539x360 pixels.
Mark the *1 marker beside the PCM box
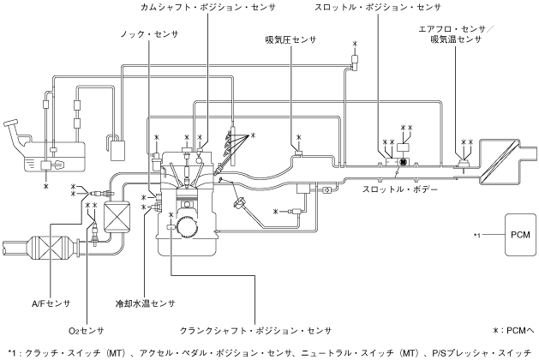(479, 234)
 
